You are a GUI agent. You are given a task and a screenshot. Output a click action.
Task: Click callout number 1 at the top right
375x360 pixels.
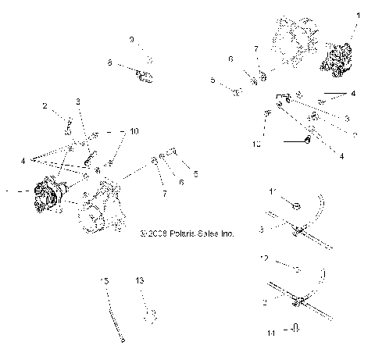coord(359,15)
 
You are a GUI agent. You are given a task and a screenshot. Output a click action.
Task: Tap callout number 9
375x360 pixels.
coord(131,39)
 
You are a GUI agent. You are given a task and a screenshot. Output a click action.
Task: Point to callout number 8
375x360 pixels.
coord(109,62)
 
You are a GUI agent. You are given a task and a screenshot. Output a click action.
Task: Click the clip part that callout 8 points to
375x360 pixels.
coord(145,76)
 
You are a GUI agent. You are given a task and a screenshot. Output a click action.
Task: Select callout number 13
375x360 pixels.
coord(140,279)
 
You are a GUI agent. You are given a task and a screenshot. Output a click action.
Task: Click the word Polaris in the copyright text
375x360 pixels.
coord(177,233)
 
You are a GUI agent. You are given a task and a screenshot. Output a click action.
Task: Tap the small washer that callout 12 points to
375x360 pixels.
coord(296,269)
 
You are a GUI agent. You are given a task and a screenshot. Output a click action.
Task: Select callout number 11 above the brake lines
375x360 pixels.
coord(272,191)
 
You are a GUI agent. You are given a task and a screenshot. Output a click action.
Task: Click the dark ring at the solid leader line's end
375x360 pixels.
coord(309,141)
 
